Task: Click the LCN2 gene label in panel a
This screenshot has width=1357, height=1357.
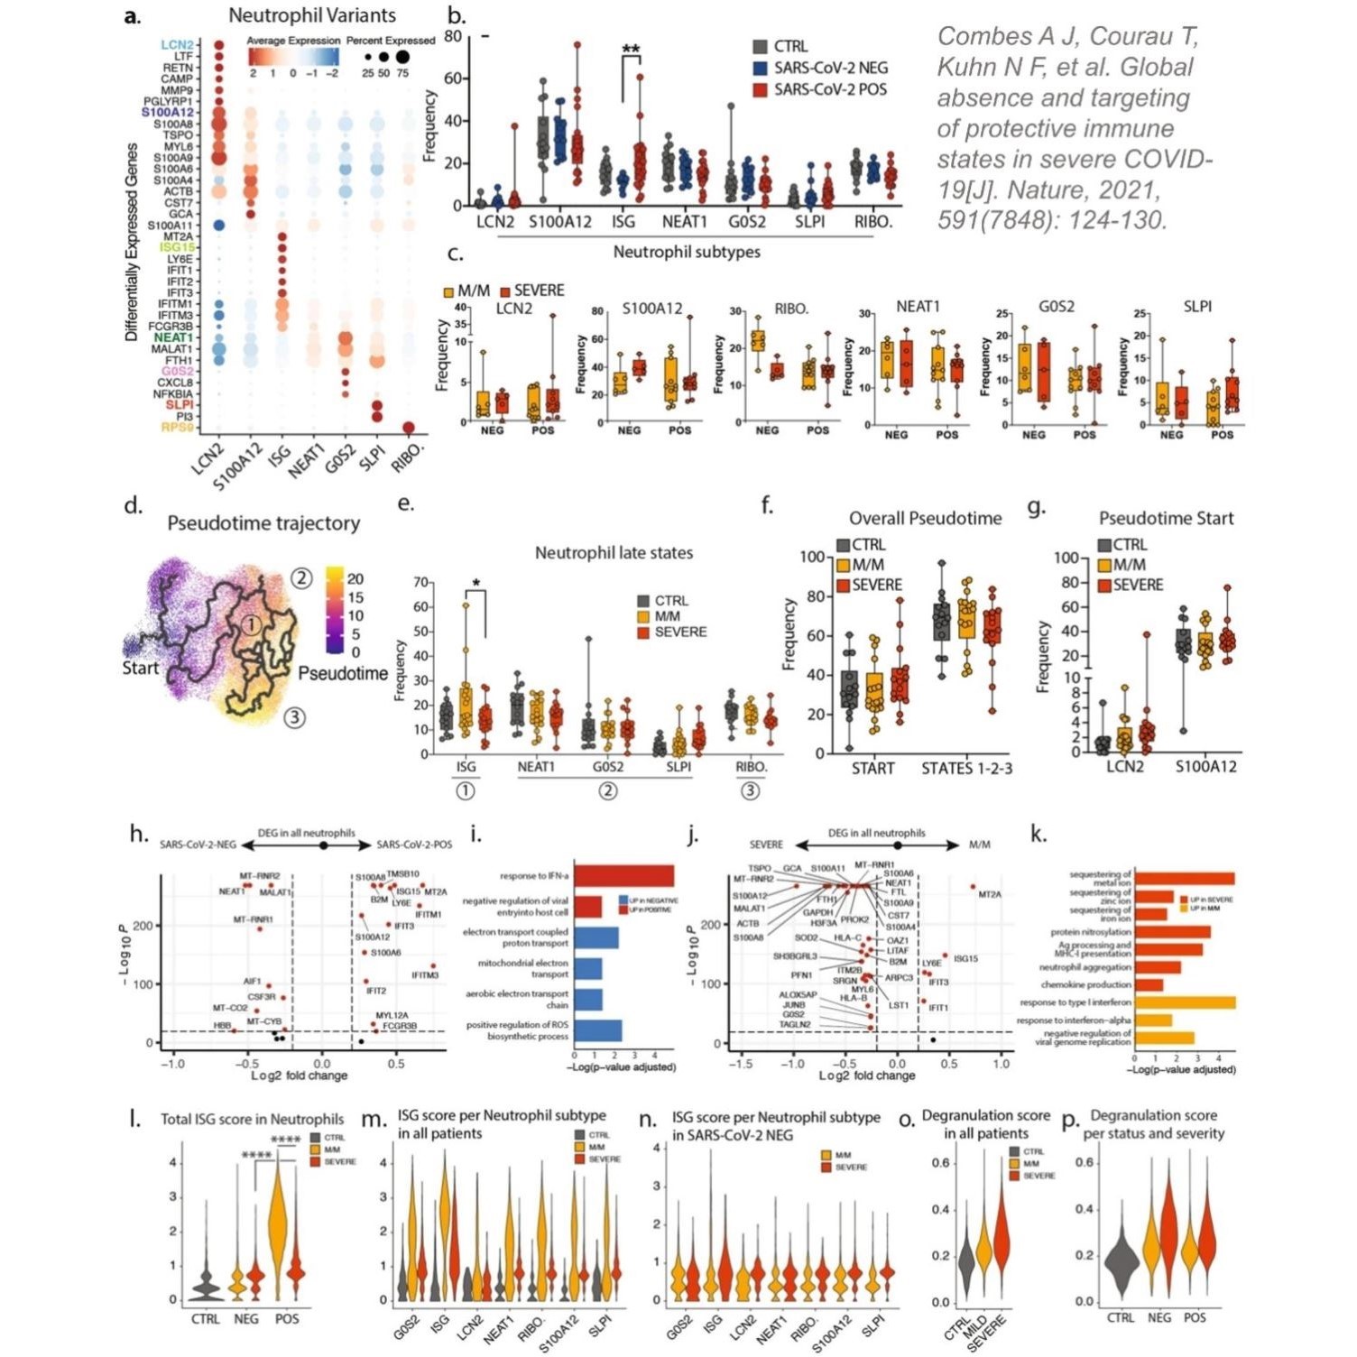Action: (x=177, y=44)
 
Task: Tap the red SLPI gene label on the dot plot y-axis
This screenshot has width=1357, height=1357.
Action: (x=179, y=405)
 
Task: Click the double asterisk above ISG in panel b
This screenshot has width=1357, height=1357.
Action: (x=631, y=50)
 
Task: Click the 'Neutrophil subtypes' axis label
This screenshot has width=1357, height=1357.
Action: (x=687, y=252)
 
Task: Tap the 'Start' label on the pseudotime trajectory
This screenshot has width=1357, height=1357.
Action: (x=141, y=668)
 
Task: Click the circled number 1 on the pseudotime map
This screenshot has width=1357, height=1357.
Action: (x=253, y=623)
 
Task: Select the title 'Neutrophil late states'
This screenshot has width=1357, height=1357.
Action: (x=614, y=553)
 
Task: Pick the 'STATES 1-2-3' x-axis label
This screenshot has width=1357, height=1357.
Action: (x=966, y=769)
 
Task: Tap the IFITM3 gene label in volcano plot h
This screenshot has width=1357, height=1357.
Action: (x=425, y=975)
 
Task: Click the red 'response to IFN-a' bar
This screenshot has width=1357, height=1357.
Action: (x=624, y=876)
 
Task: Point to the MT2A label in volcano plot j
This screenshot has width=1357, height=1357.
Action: (x=990, y=894)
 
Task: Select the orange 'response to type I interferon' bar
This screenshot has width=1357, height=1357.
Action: (x=1185, y=1002)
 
